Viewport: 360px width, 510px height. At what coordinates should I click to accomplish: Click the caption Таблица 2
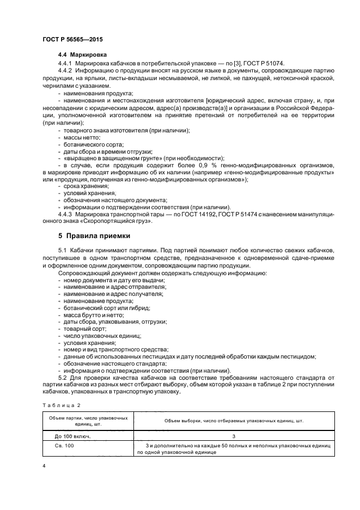pos(61,405)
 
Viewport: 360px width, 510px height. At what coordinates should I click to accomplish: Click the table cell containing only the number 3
pos(233,435)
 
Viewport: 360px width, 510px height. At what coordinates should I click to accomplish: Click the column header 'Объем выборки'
pos(233,421)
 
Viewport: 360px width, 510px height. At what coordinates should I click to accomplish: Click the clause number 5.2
pos(63,377)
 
